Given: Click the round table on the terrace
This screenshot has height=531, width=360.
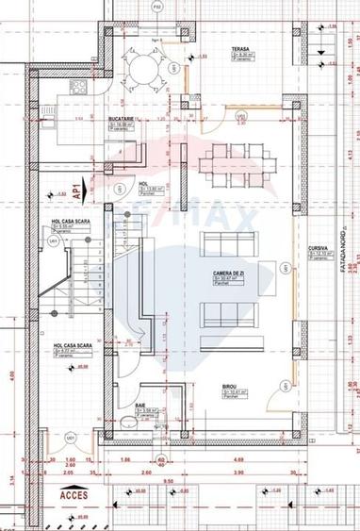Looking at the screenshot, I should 144,66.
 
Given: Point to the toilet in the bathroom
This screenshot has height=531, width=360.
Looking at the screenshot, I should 136,423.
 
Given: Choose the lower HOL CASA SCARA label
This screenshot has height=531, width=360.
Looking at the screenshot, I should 69,346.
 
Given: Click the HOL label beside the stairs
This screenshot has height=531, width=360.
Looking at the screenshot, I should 144,185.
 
